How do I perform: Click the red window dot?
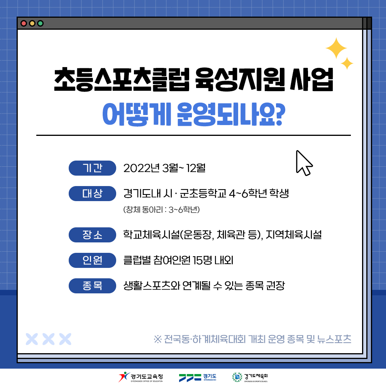pos(24,24)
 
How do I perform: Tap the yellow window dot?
pos(32,24)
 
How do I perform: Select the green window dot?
pos(41,24)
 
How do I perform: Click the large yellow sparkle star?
pos(336,48)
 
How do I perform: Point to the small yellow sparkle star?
pos(347,64)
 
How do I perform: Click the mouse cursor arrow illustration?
pos(304,163)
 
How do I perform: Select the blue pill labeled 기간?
pos(92,168)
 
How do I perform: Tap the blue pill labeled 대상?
pos(92,193)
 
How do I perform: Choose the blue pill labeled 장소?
pos(92,235)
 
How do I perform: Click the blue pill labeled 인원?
pos(92,260)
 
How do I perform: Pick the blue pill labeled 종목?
pos(92,286)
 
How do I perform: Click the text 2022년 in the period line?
pos(142,168)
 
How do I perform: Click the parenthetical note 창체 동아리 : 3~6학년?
pos(161,210)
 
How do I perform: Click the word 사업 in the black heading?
pos(312,80)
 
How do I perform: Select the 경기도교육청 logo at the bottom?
pos(141,377)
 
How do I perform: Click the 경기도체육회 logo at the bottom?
pos(250,377)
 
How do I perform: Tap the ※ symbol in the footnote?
pos(158,339)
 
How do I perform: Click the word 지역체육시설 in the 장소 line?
pos(294,235)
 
